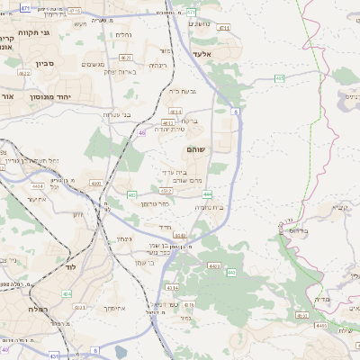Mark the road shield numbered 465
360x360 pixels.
pos(280,79)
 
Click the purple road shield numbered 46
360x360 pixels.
pos(142,132)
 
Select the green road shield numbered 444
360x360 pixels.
pos(207,193)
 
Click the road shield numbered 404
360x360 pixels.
pos(67,292)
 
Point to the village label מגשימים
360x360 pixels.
pos(94,64)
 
